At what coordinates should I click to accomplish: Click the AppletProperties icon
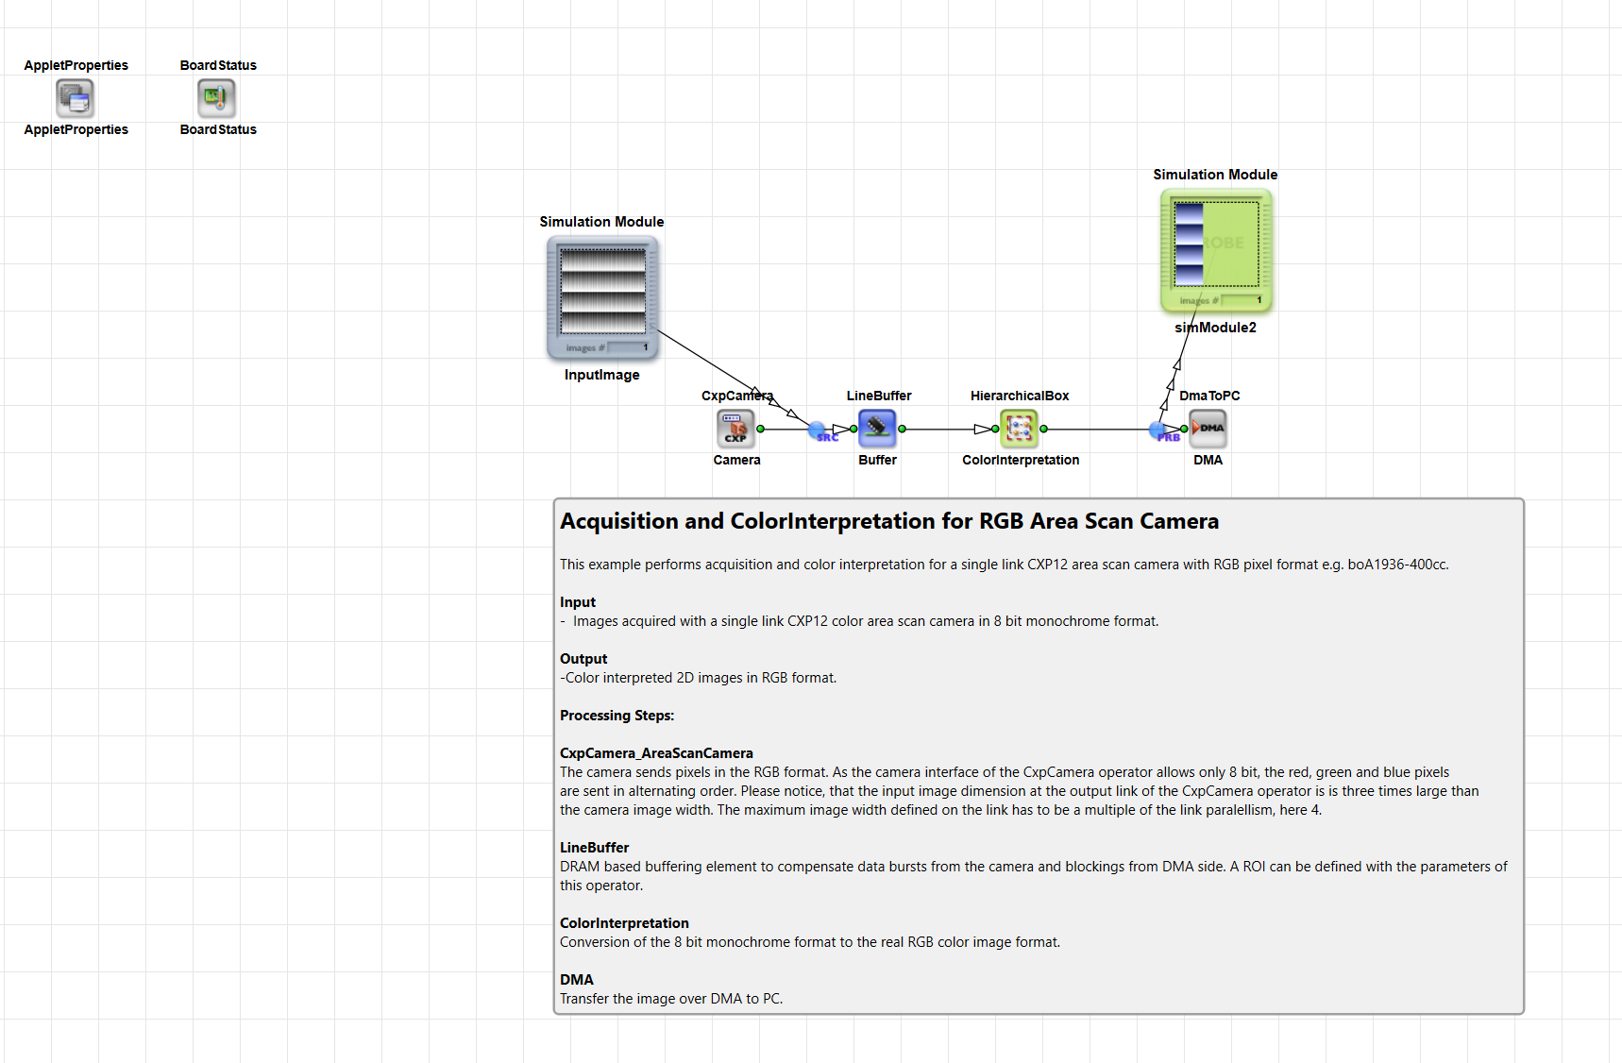click(76, 97)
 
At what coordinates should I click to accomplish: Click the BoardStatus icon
click(216, 97)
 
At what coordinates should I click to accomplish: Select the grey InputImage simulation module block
click(602, 297)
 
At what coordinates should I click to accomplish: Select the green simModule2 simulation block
click(1216, 250)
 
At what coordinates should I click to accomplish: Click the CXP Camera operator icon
click(735, 429)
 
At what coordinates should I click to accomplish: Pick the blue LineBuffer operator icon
click(877, 429)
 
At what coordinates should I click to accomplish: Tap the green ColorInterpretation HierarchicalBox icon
click(1019, 429)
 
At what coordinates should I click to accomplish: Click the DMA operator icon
click(1208, 429)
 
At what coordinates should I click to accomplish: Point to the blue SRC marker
click(819, 431)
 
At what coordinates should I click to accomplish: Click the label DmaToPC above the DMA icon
click(1209, 396)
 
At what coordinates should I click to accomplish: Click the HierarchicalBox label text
click(1020, 396)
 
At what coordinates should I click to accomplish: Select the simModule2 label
click(1215, 328)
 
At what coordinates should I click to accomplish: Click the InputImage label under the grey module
click(602, 375)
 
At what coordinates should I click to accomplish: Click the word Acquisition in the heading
click(619, 521)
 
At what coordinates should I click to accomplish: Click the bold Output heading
click(583, 659)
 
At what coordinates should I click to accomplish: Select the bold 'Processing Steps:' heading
click(617, 716)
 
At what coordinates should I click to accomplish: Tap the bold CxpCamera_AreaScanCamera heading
click(656, 753)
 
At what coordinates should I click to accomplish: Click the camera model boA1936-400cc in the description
click(1397, 565)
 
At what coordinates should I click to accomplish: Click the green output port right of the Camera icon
click(760, 429)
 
